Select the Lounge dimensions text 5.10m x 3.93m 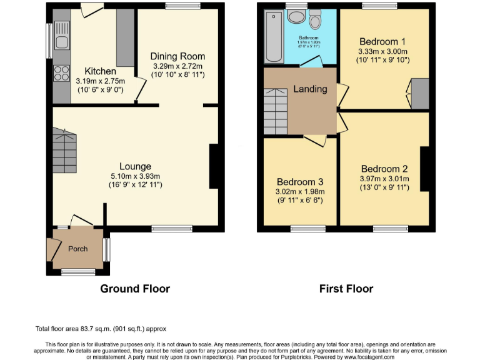tap(136, 176)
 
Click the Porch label tap(77, 249)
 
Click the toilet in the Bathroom tap(314, 20)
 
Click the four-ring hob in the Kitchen tap(61, 73)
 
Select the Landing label tap(311, 89)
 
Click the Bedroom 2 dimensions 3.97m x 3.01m tap(384, 179)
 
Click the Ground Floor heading tap(135, 289)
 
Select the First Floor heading tap(346, 289)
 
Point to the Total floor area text tap(101, 328)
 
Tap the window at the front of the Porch tap(78, 272)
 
